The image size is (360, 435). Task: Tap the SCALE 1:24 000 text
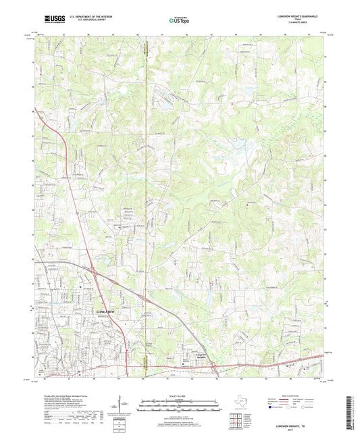180,395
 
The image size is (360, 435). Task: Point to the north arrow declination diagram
126,405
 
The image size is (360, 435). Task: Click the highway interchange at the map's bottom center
213,367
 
